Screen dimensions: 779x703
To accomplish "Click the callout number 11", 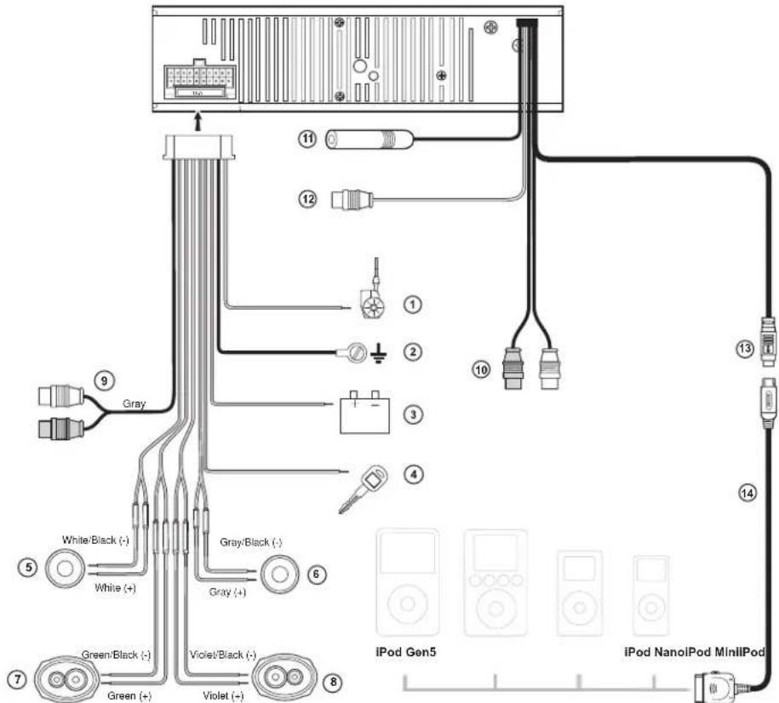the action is (x=308, y=139).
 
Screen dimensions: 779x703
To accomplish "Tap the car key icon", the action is (x=364, y=489).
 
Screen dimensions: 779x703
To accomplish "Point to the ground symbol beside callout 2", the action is (x=379, y=353).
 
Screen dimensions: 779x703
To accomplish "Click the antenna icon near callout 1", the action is (x=373, y=294).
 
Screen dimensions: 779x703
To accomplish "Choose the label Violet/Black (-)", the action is (x=223, y=654).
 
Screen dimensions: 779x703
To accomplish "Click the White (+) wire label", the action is (x=115, y=588).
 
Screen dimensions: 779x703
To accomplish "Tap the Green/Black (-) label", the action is (x=116, y=654).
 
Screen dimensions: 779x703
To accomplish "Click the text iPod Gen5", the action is (x=406, y=651).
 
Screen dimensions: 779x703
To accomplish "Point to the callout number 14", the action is (x=747, y=493).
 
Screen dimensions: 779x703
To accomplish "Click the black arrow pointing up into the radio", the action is (x=198, y=121).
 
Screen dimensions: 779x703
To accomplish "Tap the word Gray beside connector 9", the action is (x=135, y=403).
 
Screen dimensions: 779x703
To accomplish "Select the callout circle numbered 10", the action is (x=481, y=369).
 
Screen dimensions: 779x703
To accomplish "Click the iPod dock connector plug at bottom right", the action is (x=714, y=687).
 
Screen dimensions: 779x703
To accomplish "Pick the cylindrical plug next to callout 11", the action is (x=369, y=139).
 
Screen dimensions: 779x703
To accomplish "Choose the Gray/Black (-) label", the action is (x=251, y=542).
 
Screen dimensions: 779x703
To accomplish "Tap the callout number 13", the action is (x=745, y=349).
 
